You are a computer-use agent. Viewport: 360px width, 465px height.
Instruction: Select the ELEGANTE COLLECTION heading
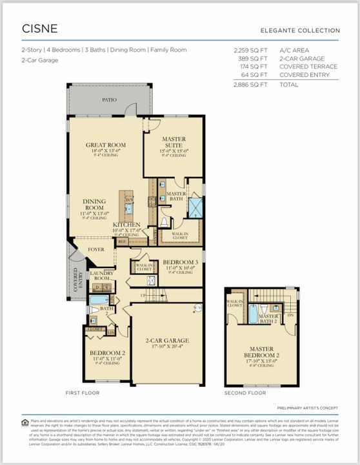[x=299, y=30]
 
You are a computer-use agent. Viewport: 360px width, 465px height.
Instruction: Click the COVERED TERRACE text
[x=308, y=67]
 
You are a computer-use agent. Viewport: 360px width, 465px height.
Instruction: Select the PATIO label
[x=110, y=100]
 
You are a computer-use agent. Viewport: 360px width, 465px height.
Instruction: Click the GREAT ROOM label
[x=105, y=145]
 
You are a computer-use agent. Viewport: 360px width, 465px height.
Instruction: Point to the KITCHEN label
[x=126, y=223]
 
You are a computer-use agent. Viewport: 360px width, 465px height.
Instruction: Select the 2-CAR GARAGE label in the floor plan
[x=167, y=340]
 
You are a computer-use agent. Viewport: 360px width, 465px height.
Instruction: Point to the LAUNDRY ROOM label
[x=101, y=274]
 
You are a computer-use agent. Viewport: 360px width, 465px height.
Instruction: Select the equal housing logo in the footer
[x=25, y=422]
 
